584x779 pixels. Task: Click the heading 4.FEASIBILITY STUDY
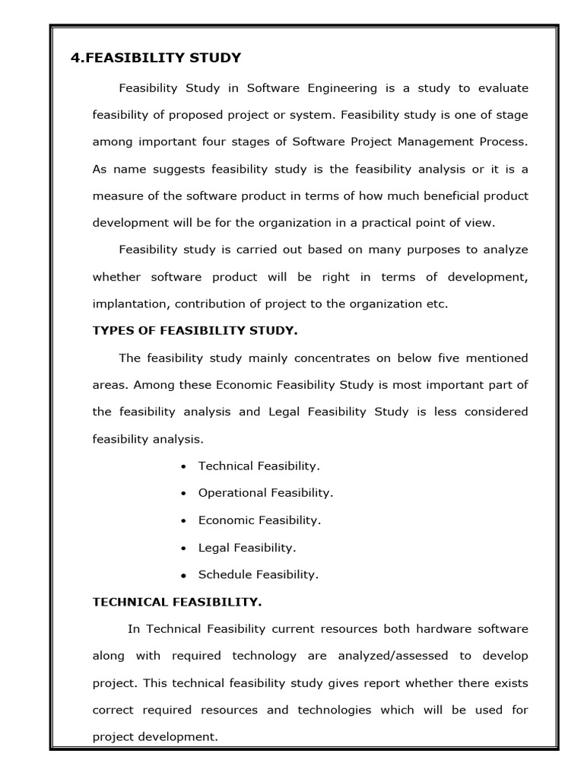click(155, 58)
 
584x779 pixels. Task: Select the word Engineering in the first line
click(342, 87)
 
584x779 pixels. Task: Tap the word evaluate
click(503, 87)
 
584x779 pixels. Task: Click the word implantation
click(130, 304)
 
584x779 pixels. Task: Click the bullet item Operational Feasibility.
click(265, 493)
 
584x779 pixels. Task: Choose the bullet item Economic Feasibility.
click(259, 520)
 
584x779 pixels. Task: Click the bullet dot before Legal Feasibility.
click(184, 548)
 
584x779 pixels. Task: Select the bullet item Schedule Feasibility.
click(258, 574)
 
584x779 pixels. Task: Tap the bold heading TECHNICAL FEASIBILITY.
click(176, 602)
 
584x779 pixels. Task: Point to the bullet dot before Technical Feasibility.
click(184, 466)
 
